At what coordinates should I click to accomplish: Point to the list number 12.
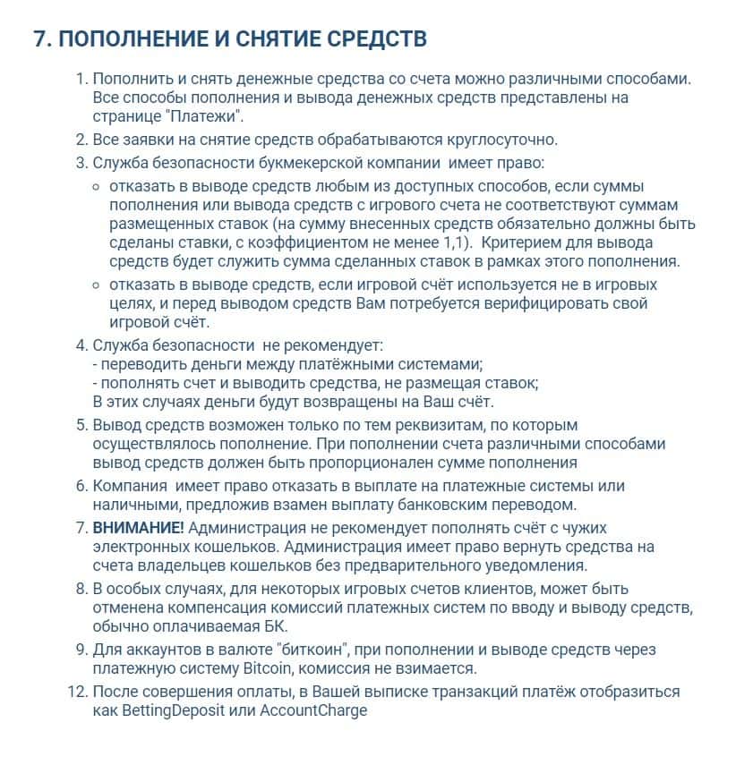coord(78,693)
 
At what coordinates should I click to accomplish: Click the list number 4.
coord(81,344)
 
